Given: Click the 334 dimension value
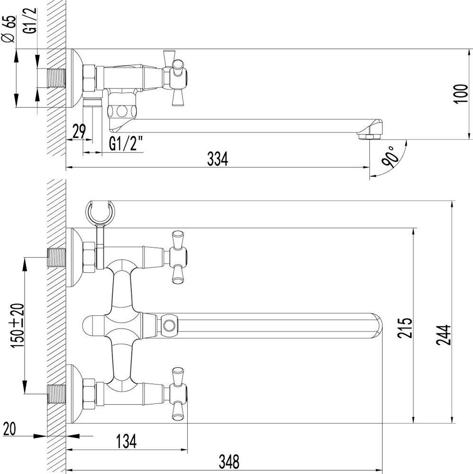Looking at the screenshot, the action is point(218,160).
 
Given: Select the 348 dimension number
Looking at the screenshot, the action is point(229,460).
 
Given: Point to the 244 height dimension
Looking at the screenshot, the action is point(443,335).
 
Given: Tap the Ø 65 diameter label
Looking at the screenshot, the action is point(10,29).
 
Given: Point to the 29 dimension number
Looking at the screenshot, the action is point(79,131).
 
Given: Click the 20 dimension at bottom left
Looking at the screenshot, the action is point(10,429).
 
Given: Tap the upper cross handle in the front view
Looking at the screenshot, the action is point(178,258).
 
